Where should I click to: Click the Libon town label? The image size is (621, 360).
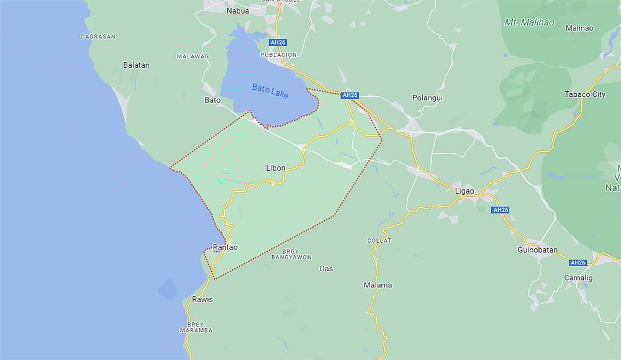coord(276,168)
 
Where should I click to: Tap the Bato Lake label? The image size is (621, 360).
coord(270,89)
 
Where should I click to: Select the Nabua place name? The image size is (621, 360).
coord(238,11)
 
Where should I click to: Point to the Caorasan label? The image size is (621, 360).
coord(98,37)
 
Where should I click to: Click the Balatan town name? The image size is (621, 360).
coord(136,65)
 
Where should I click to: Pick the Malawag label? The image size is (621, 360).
coord(193,56)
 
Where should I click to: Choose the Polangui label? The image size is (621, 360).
coord(428,98)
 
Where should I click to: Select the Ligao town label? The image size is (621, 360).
coord(465,191)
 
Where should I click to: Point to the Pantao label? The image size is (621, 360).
coord(225,247)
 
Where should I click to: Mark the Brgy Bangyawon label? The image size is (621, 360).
coord(291,254)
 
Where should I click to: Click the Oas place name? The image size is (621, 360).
coord(326,269)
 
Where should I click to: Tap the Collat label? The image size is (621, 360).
coord(379,240)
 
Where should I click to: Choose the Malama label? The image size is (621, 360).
coord(378,286)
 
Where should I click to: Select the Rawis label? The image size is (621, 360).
coord(202,299)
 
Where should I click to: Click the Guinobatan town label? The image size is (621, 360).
coord(537,250)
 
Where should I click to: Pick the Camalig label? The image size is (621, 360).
coord(578,277)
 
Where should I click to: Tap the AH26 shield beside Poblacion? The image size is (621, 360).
coord(278,43)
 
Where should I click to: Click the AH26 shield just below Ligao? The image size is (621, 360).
coord(501,210)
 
